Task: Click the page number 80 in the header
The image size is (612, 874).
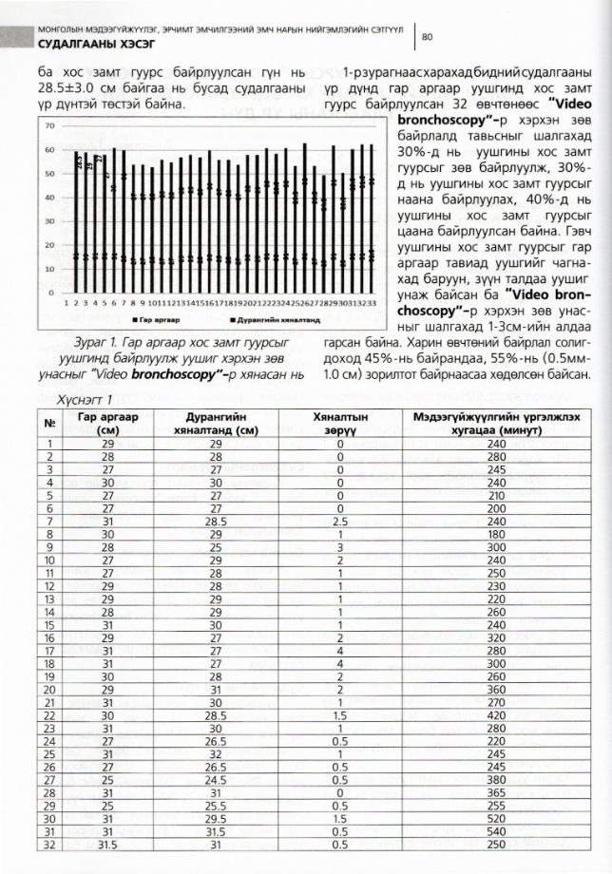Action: point(427,37)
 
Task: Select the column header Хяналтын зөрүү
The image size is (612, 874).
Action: point(339,422)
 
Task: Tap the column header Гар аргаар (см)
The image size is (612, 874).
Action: point(108,422)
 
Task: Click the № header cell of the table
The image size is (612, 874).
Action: point(48,422)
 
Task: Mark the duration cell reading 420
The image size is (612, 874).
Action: point(496,713)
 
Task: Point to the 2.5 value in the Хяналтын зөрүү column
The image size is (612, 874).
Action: point(339,521)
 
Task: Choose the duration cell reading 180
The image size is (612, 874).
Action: point(496,534)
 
